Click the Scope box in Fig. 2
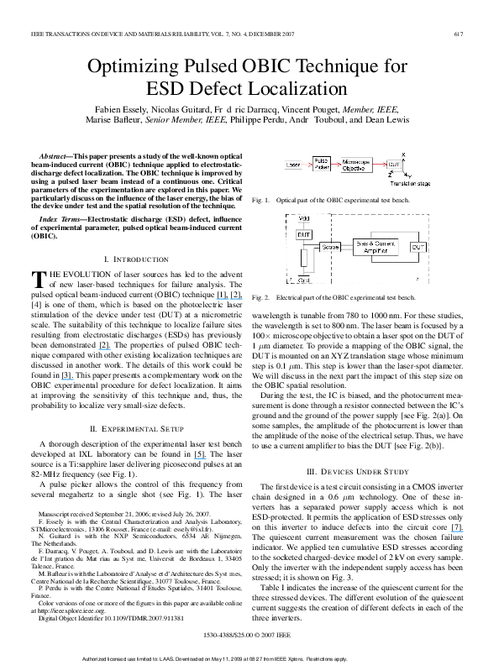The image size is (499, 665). (330, 247)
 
